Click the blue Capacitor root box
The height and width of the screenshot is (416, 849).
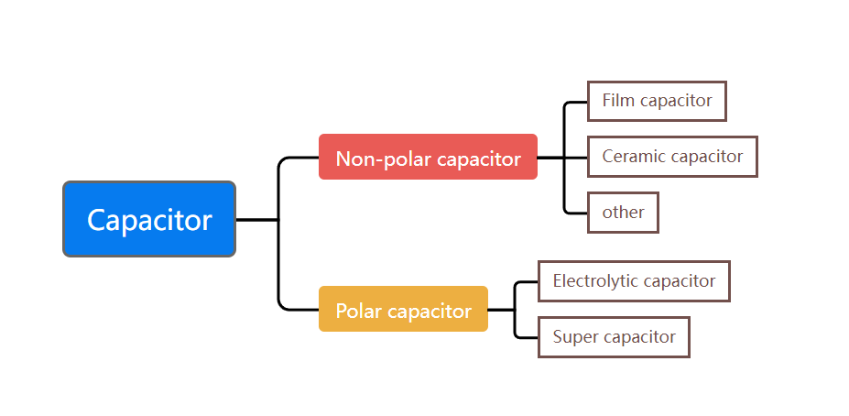(x=149, y=219)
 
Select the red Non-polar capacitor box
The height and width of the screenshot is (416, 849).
(x=428, y=157)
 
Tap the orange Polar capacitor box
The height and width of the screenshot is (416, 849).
(x=403, y=309)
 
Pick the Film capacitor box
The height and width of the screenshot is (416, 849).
(x=657, y=101)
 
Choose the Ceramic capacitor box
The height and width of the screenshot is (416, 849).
(x=672, y=157)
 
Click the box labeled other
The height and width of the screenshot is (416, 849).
(x=623, y=213)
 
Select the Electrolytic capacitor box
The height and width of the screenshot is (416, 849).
(x=634, y=281)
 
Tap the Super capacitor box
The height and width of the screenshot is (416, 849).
(x=614, y=337)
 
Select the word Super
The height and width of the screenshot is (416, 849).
(x=573, y=337)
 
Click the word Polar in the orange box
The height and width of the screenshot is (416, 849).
(x=359, y=311)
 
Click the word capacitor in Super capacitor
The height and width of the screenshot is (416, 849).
(x=637, y=337)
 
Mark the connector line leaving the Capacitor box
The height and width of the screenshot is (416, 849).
(x=256, y=220)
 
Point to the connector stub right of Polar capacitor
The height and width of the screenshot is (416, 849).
(x=501, y=310)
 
